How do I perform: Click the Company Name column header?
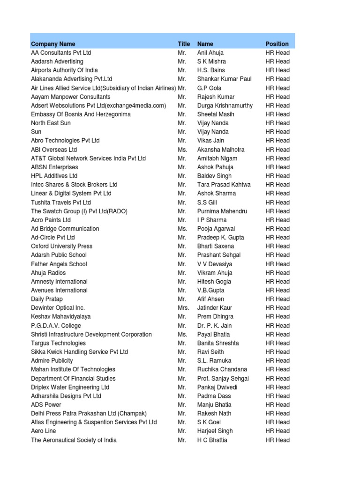(53, 44)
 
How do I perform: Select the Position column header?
(277, 44)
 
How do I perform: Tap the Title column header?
(184, 44)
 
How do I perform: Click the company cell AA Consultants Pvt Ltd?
(61, 53)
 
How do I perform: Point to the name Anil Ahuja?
(210, 53)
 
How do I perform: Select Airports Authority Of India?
(64, 70)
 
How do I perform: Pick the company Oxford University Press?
(61, 246)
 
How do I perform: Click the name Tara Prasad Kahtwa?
(224, 185)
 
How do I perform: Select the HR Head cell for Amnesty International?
(277, 282)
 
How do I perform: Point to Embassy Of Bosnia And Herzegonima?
(81, 114)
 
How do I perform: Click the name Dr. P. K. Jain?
(214, 326)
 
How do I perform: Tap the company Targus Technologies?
(58, 343)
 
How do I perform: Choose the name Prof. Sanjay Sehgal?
(223, 378)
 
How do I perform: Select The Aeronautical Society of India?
(74, 440)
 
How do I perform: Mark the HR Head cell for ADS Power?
(277, 405)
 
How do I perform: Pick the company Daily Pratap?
(47, 299)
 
